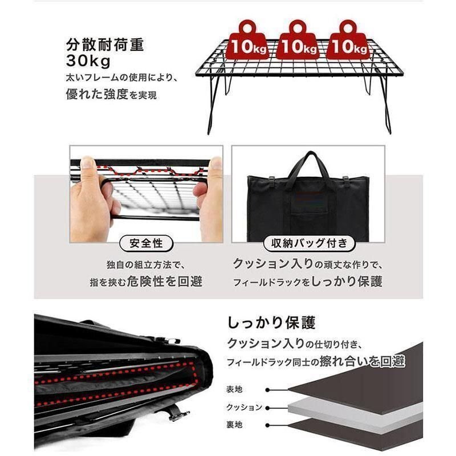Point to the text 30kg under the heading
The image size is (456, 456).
(x=89, y=60)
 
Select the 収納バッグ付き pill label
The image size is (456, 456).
(x=308, y=244)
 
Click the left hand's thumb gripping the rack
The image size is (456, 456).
(x=87, y=165)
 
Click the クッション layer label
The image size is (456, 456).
(x=243, y=407)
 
